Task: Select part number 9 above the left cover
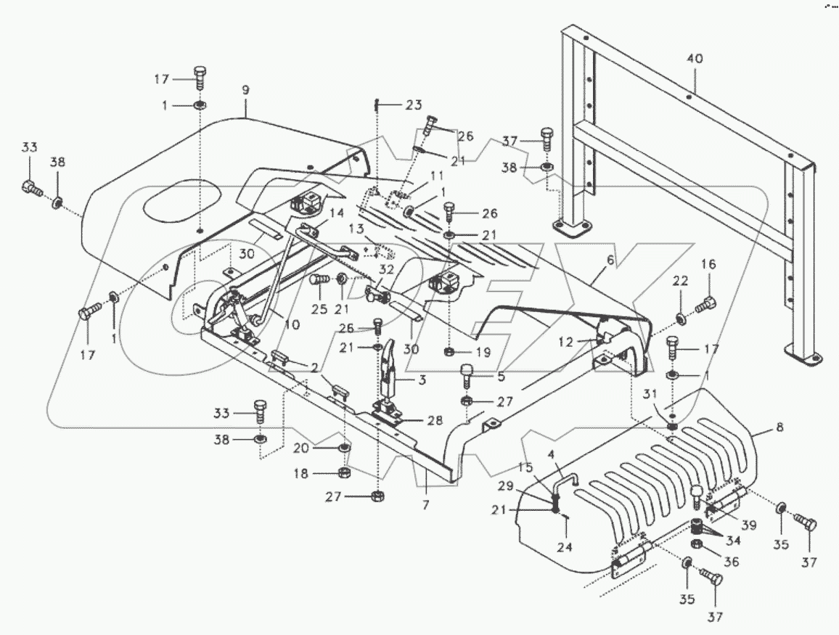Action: tap(245, 90)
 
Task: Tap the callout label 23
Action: tap(413, 105)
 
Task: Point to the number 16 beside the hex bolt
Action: tap(708, 266)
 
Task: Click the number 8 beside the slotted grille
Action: tap(779, 428)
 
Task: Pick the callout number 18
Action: tap(320, 473)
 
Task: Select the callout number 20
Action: tap(320, 448)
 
